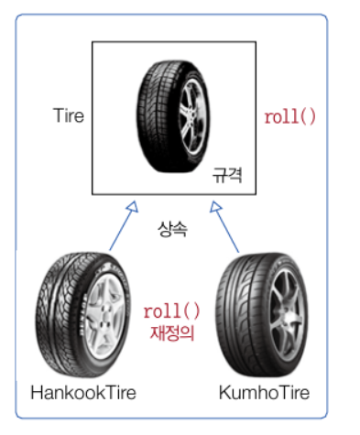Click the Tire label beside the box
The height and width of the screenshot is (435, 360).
[69, 115]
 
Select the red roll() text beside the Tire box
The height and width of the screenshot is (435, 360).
[289, 116]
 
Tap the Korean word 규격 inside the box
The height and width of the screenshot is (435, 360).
[227, 175]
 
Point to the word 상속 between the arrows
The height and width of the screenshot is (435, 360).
[172, 229]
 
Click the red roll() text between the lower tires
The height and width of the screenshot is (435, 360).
[171, 311]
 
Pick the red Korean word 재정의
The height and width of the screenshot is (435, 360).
[172, 332]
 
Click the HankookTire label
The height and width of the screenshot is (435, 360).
[83, 393]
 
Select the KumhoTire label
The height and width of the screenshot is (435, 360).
[264, 393]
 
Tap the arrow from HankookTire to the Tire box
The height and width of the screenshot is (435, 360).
[124, 226]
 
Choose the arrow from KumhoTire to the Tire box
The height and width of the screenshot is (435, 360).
[224, 226]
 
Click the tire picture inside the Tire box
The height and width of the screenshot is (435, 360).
[173, 116]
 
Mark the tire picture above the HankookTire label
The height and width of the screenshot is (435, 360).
[83, 314]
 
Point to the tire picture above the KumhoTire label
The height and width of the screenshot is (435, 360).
[262, 314]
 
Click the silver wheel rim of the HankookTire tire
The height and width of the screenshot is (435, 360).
[105, 316]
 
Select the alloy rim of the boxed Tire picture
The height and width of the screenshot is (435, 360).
[191, 116]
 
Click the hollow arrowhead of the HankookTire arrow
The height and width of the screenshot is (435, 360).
[133, 207]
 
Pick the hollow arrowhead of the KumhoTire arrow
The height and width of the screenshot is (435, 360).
[215, 207]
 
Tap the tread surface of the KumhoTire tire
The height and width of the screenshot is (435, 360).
[240, 314]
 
